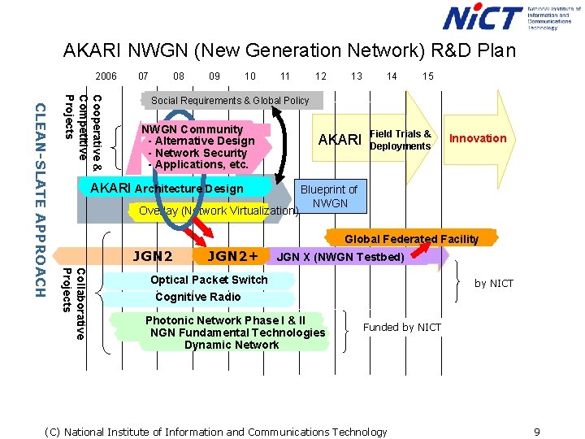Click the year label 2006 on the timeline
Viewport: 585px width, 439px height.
click(x=106, y=76)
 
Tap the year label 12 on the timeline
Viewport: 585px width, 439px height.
click(x=321, y=76)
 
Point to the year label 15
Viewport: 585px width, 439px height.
click(x=428, y=76)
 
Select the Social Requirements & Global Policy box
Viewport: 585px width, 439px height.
click(x=231, y=101)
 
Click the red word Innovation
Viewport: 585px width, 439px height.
click(x=478, y=138)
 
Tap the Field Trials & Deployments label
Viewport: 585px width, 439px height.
click(x=400, y=140)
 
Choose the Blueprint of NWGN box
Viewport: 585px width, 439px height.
click(x=329, y=196)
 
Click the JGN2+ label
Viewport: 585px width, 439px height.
click(x=232, y=257)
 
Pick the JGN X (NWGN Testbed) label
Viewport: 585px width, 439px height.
click(x=340, y=258)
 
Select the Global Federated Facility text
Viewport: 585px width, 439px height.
click(x=411, y=239)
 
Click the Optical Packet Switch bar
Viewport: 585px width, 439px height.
click(x=209, y=280)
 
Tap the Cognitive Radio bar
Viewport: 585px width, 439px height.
click(x=198, y=297)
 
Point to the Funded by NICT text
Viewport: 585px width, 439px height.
click(x=401, y=327)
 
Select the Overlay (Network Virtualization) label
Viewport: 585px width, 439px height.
click(x=219, y=211)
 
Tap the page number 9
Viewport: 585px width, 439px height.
click(x=537, y=432)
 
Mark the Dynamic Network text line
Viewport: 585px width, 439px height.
click(x=232, y=345)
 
